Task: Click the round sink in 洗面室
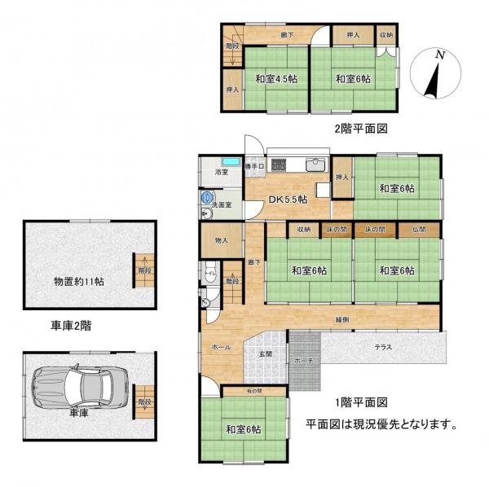click(x=207, y=197)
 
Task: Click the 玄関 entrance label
click(x=266, y=353)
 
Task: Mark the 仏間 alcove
click(x=419, y=230)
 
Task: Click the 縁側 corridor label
click(x=342, y=320)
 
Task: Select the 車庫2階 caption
click(x=70, y=326)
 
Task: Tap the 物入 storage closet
click(x=221, y=241)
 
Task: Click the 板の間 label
click(x=253, y=392)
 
